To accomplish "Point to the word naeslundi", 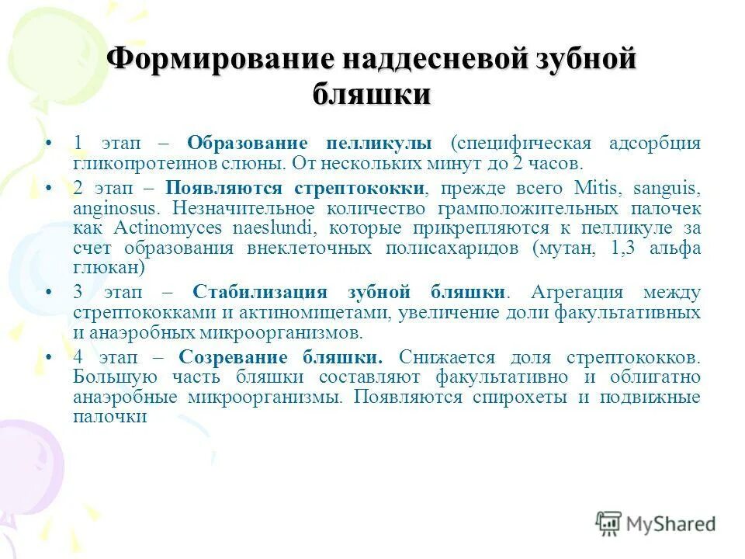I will click(267, 229).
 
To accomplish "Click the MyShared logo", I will click(656, 524).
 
